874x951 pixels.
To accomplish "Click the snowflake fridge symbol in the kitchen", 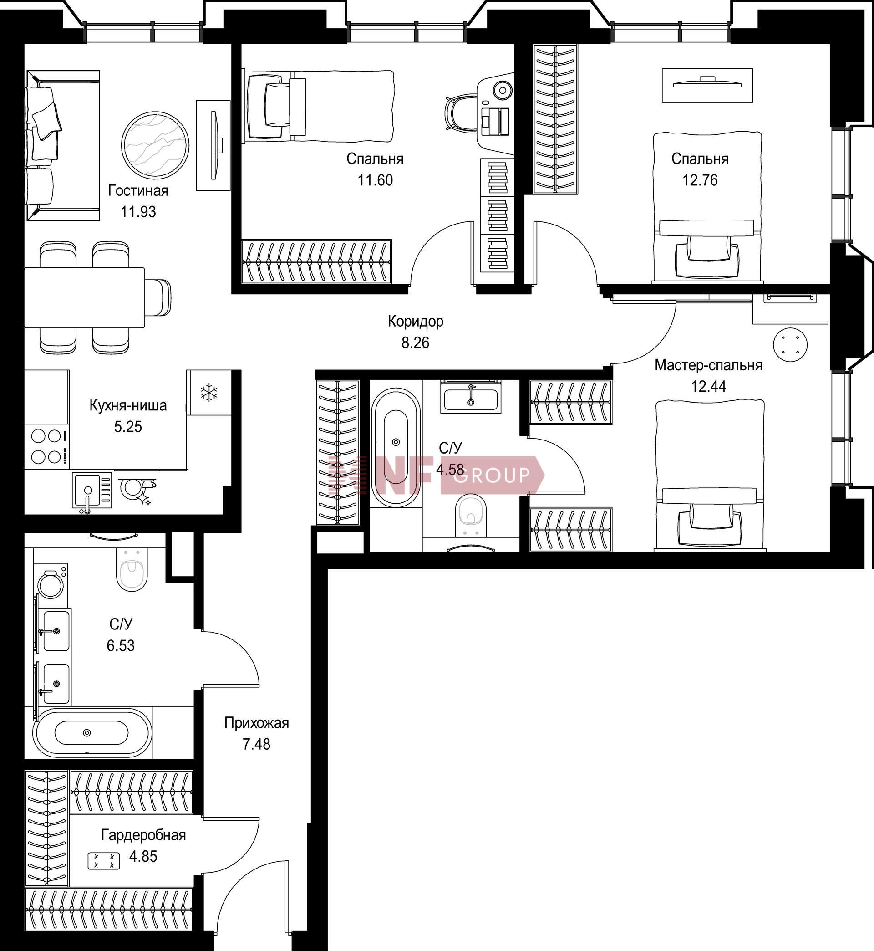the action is tap(209, 393).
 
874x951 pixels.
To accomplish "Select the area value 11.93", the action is tap(138, 211).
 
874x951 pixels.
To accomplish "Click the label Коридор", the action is tap(415, 321).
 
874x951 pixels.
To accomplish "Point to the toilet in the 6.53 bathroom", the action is tap(132, 570).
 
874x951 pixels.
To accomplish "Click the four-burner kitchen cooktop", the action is tap(46, 446).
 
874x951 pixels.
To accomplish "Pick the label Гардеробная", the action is tap(143, 835).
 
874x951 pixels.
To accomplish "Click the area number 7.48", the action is tap(256, 744).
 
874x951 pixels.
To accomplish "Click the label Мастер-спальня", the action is tap(708, 365).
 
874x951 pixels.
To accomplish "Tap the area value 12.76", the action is tap(700, 180).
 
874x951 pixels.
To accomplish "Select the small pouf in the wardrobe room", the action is tap(104, 861).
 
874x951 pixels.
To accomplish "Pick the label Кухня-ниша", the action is tap(128, 405).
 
